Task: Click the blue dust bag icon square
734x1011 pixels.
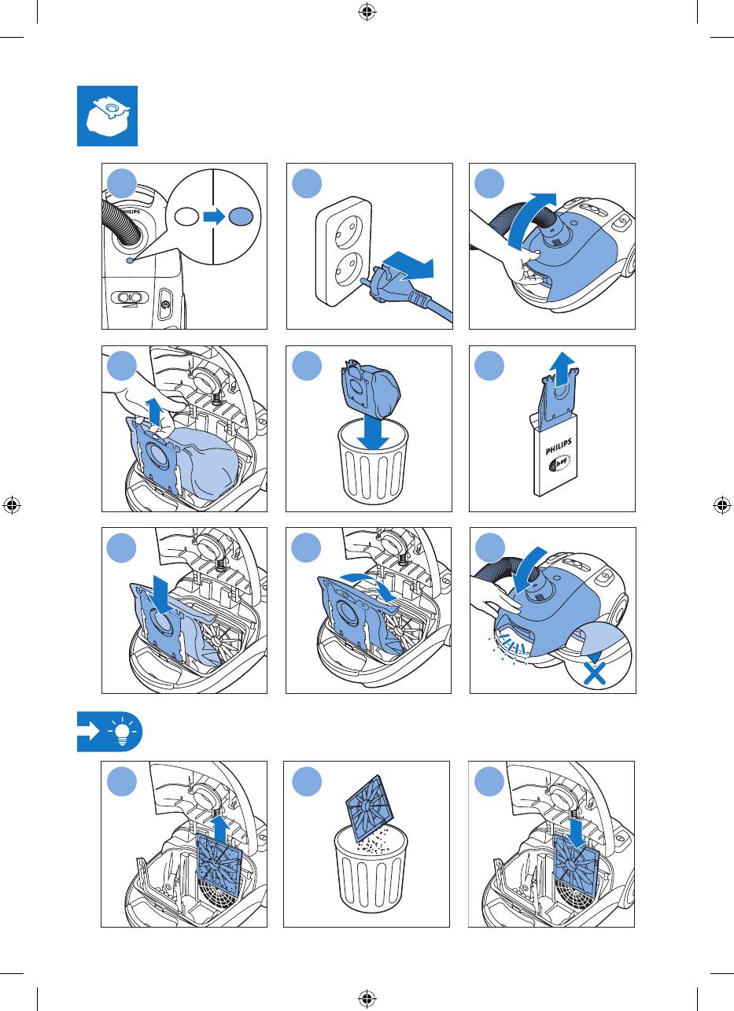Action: [x=108, y=116]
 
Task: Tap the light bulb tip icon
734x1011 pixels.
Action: [x=121, y=732]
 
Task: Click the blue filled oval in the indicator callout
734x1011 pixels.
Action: [x=241, y=216]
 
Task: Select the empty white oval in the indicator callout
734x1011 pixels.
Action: [x=186, y=216]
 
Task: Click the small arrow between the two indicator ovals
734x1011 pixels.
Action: [x=214, y=216]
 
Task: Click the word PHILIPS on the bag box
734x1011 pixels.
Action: [x=559, y=446]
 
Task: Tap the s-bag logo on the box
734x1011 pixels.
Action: [x=559, y=463]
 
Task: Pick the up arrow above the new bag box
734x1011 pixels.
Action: [x=562, y=369]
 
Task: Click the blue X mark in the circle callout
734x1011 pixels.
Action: [x=595, y=674]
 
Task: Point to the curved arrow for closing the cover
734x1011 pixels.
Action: [x=528, y=570]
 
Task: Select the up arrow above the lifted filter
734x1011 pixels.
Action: [x=220, y=828]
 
